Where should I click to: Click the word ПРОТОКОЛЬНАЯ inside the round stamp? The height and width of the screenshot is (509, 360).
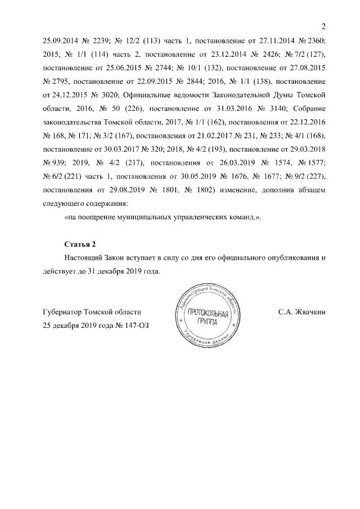click(x=208, y=312)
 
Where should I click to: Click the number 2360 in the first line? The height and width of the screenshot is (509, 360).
click(x=315, y=40)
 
